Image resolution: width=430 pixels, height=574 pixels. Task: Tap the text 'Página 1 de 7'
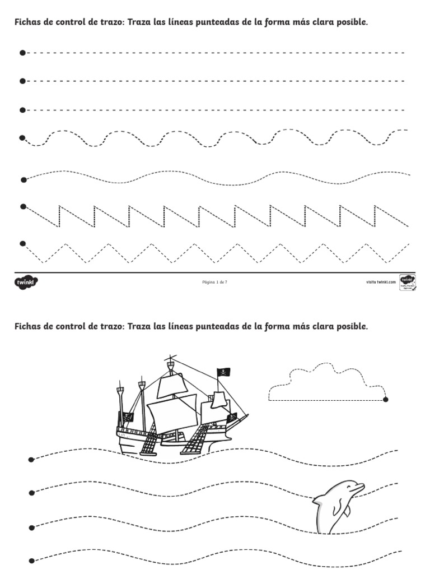tap(214, 282)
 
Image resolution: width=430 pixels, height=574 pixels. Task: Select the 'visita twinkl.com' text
tap(381, 282)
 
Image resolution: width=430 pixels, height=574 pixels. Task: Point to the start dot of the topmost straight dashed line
tap(22, 53)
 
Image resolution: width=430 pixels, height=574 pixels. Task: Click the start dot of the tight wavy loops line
tap(22, 137)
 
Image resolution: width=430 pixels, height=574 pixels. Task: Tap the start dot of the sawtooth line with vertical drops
tap(22, 207)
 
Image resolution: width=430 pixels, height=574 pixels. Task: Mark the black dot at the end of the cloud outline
tap(386, 400)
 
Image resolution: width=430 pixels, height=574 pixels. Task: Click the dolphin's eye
tap(348, 487)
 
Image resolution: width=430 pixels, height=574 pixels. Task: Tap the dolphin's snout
tap(362, 485)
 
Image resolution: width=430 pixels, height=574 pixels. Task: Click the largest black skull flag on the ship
tap(223, 373)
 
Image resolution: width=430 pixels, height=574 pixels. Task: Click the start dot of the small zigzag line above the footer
tap(22, 243)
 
